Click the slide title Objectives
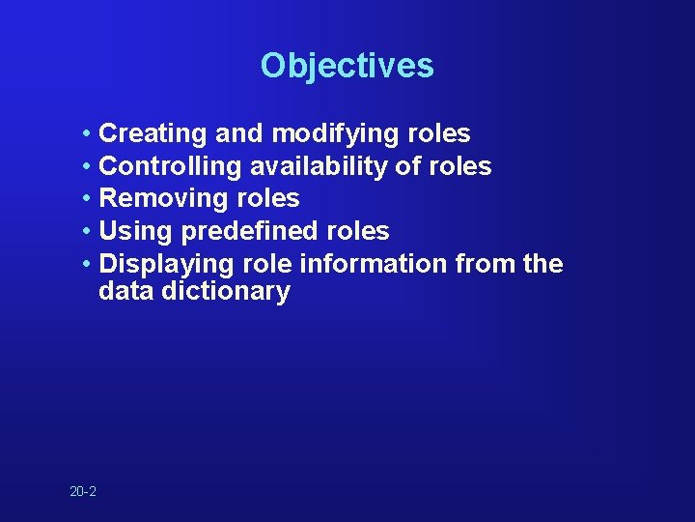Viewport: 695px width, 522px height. pos(347,66)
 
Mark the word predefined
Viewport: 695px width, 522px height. pos(238,232)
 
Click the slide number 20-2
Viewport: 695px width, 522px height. pos(83,492)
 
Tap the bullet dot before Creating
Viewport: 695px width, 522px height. pos(87,133)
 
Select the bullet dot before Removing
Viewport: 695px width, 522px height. pos(87,199)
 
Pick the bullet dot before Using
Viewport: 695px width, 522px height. pos(87,232)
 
